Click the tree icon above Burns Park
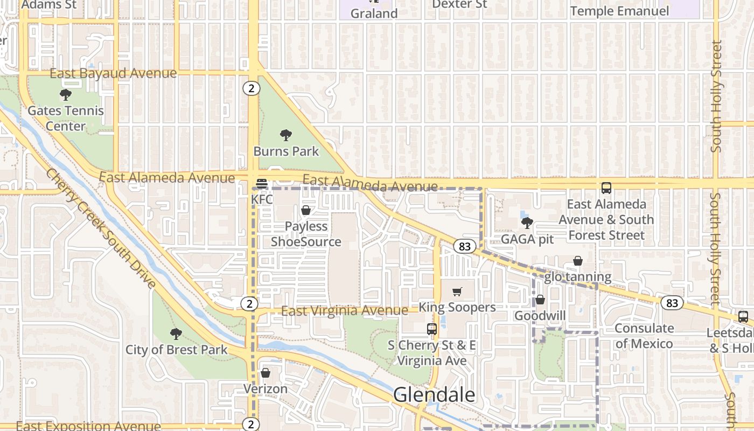coord(286,135)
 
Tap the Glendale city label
coord(434,395)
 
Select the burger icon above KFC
coord(262,184)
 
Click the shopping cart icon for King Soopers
coord(457,292)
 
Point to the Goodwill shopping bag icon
coord(540,300)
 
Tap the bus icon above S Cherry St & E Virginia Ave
coord(431,329)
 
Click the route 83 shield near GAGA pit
coord(465,247)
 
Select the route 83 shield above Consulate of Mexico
coord(672,303)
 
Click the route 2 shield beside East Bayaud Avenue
coord(251,88)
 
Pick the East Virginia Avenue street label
coord(344,311)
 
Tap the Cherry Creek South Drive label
coord(101,230)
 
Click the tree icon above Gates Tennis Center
coord(66,95)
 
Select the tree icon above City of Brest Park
coord(176,334)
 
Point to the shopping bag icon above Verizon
coord(266,373)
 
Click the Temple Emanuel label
coord(619,11)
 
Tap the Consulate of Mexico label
coord(644,336)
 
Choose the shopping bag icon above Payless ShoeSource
coord(306,210)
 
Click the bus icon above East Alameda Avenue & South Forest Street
coord(606,188)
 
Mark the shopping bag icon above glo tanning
coord(578,261)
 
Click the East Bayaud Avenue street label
coord(113,73)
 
